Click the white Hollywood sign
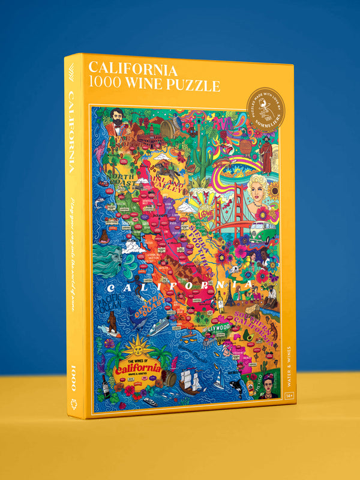click(217, 328)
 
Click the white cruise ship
click(159, 327)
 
